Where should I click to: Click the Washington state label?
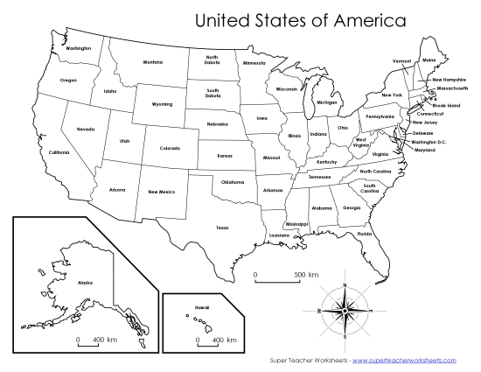coord(78,48)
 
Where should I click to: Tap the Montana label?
coord(153,62)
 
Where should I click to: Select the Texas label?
coord(222,228)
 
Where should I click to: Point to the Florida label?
coord(365,234)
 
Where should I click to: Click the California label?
coord(59,152)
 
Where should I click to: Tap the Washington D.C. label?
coord(429,141)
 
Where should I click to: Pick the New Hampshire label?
coord(449,80)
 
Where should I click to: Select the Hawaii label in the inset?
coord(202,307)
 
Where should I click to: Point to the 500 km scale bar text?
coord(305,275)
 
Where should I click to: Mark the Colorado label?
coord(170,148)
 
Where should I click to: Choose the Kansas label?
coord(225,156)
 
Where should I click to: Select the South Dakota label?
coord(213,92)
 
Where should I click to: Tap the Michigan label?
coord(326,102)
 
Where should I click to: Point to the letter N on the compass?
coord(345,285)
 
